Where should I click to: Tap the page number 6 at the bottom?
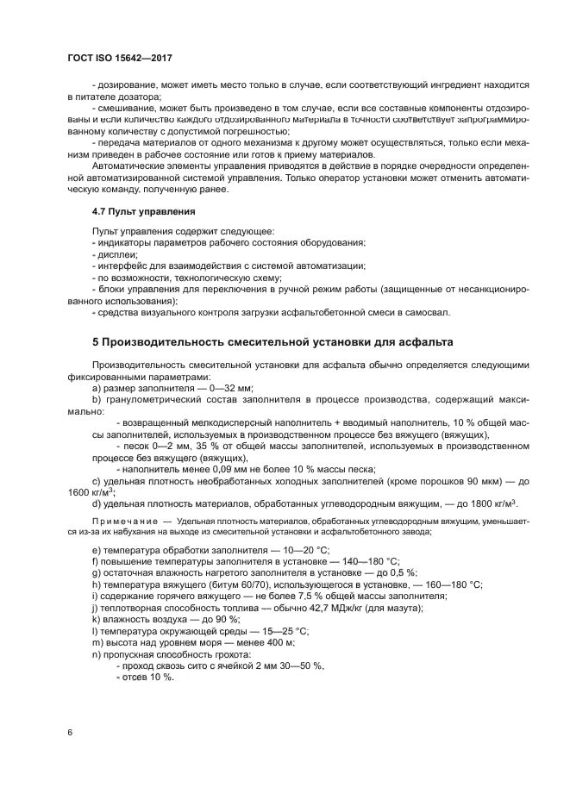coord(70,733)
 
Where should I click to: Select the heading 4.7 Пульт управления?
coord(143,211)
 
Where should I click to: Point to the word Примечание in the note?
coord(122,522)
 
